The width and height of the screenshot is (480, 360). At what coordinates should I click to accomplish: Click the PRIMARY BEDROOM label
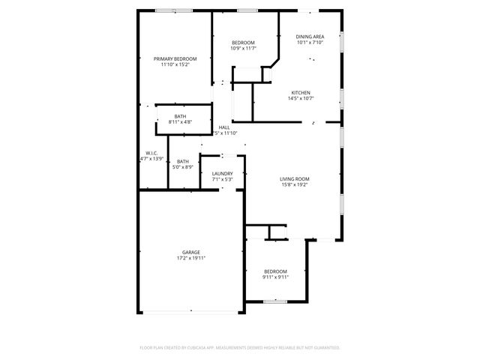(x=175, y=58)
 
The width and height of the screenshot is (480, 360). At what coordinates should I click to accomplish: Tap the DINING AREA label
(x=310, y=36)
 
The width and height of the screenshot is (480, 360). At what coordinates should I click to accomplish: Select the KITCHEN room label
(x=301, y=93)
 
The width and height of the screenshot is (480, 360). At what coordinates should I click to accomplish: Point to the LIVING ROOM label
(x=295, y=178)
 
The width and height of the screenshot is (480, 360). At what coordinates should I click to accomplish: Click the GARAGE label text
(x=190, y=252)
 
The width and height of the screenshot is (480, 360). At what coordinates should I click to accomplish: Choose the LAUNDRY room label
(x=223, y=173)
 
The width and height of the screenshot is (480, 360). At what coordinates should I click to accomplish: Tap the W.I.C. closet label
(x=151, y=153)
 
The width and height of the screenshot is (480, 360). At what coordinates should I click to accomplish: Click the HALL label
(x=223, y=127)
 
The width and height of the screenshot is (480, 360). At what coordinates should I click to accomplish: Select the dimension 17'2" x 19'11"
(x=190, y=258)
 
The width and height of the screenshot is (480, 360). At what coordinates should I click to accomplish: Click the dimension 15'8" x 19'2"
(x=295, y=184)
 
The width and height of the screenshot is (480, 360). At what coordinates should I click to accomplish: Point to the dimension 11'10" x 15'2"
(x=175, y=64)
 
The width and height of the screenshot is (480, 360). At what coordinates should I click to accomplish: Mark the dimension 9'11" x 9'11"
(x=275, y=277)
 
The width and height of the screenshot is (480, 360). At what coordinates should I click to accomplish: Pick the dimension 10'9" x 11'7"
(x=243, y=48)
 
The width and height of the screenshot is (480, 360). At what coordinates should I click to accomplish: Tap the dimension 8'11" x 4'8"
(x=180, y=121)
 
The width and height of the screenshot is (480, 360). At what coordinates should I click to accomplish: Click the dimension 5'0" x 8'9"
(x=183, y=166)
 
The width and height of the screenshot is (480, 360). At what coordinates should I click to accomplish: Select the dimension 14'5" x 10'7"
(x=301, y=98)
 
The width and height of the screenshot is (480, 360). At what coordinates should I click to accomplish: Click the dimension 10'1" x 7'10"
(x=310, y=42)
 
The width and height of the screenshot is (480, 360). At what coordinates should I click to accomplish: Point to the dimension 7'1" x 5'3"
(x=223, y=179)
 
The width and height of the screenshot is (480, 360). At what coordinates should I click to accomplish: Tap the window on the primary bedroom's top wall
(x=175, y=10)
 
